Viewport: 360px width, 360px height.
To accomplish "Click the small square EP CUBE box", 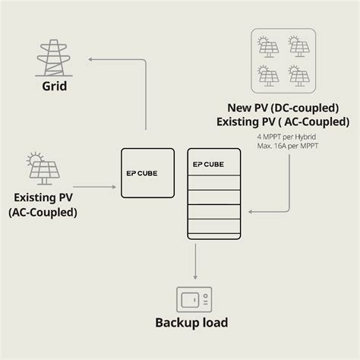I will coord(147,173).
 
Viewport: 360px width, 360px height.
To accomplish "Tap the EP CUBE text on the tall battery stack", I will coord(208,164).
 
